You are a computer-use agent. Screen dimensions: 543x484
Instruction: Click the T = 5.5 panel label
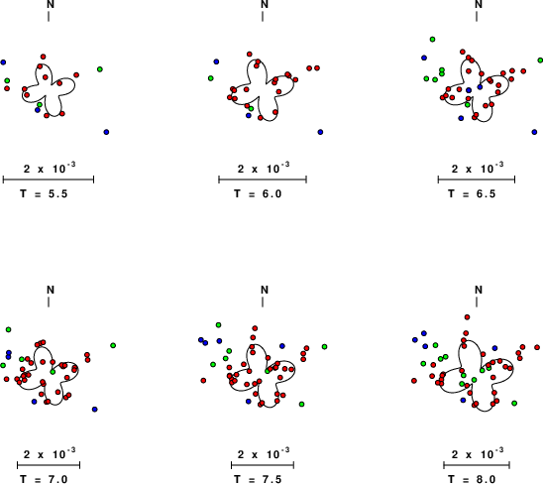tap(44, 193)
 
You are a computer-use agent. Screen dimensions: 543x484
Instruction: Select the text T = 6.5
tap(472, 193)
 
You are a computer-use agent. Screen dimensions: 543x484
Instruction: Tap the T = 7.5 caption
tap(258, 479)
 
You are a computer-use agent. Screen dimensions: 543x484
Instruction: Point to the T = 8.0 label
tap(472, 479)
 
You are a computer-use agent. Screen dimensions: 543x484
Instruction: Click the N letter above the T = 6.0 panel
tap(265, 4)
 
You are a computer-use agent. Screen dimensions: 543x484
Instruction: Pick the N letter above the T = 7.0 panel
tap(51, 290)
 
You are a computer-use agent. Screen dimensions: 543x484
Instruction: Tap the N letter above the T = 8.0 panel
tap(479, 290)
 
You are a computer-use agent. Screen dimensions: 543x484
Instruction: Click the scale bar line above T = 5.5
tap(49, 180)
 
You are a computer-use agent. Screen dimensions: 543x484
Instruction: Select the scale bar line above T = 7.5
tap(263, 465)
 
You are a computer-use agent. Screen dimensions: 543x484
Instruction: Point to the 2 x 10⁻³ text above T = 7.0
tap(50, 454)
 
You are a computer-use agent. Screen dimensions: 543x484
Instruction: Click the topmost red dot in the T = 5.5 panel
tap(43, 57)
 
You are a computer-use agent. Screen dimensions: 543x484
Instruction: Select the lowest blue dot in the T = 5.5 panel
tap(106, 132)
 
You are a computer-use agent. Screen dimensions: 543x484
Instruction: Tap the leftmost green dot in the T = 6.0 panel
tap(210, 78)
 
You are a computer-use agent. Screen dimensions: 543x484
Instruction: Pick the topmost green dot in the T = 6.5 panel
tap(432, 40)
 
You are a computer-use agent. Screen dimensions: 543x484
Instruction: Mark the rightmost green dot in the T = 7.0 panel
tap(113, 345)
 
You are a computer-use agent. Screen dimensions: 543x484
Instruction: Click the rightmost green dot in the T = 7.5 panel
tap(324, 347)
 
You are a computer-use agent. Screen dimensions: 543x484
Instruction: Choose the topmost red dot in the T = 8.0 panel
tap(467, 317)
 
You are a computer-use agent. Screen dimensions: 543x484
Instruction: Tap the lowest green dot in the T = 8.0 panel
tap(514, 404)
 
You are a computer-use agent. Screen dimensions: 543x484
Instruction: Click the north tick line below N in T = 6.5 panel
tap(477, 16)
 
